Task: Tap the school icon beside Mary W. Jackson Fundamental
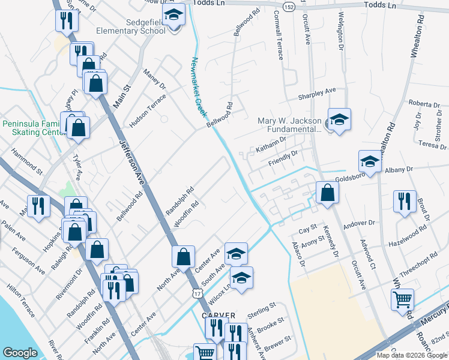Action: point(339,119)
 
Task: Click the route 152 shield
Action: point(289,6)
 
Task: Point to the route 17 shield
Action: point(197,293)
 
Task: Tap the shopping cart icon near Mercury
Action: point(402,299)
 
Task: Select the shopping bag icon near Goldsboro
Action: point(327,193)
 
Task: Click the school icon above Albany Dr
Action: point(370,161)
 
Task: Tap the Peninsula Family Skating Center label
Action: point(31,128)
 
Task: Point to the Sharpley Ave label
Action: point(317,94)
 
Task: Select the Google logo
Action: point(20,353)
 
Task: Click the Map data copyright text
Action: point(412,355)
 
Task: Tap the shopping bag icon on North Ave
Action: point(183,257)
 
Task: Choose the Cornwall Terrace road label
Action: point(279,35)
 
